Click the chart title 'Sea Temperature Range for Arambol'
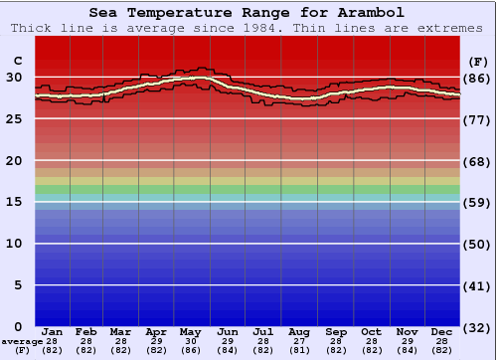point(247,13)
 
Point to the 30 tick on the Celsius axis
point(14,78)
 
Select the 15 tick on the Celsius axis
point(14,202)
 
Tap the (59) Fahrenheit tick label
point(477,202)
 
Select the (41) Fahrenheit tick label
point(477,285)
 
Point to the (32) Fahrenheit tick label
point(477,327)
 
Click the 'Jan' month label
point(53,331)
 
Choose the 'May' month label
point(191,331)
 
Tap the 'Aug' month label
point(298,331)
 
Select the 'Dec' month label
point(441,331)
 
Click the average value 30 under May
point(191,341)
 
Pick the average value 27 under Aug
point(298,341)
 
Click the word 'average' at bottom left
point(22,341)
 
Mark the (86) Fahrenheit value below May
point(191,350)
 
